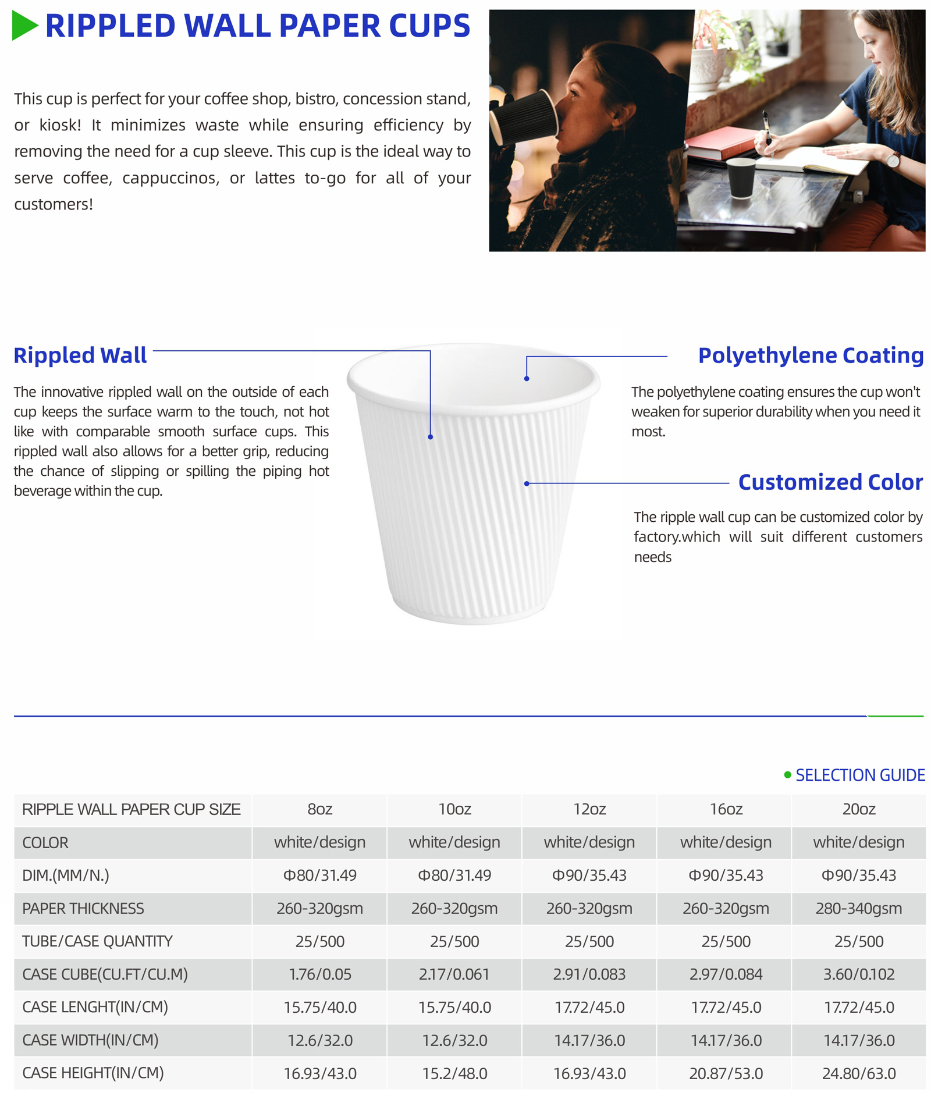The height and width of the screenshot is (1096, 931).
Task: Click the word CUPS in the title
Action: pos(429,26)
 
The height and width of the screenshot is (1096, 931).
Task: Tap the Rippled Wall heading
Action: pos(80,355)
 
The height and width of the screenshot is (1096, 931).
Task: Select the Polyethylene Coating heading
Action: pos(810,355)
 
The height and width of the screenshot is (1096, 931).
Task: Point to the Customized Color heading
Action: pos(830,482)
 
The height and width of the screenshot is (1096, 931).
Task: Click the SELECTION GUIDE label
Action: pos(859,775)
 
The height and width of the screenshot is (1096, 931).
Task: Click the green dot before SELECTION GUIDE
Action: pos(787,775)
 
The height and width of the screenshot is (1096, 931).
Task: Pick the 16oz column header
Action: pos(726,809)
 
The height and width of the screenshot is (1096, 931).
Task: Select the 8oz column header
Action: pos(319,809)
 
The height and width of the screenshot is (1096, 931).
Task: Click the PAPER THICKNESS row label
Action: pos(83,909)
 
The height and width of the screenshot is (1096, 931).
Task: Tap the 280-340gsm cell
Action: pos(858,909)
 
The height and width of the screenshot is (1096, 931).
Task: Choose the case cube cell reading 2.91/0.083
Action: pos(589,974)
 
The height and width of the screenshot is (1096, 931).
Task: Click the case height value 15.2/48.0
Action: pos(454,1073)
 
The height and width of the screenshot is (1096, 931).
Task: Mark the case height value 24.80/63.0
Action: pos(858,1073)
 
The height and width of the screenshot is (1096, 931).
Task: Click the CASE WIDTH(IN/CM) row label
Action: pos(90,1040)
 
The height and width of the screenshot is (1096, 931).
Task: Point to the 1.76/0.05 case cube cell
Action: pos(319,974)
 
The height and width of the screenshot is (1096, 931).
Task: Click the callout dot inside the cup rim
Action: pos(527,379)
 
